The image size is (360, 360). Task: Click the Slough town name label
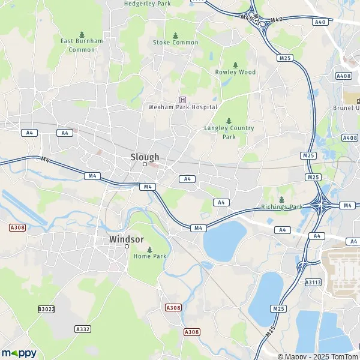tap(145, 157)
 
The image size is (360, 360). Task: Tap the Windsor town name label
tap(127, 239)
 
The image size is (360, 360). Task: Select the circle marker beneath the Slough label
tap(145, 164)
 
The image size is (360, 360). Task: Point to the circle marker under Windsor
tap(127, 246)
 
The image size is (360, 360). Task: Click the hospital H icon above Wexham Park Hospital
tap(182, 100)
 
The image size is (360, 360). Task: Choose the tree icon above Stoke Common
tap(175, 35)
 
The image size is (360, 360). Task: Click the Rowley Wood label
tap(235, 72)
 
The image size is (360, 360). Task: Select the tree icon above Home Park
tap(149, 249)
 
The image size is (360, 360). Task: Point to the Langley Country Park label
tap(229, 132)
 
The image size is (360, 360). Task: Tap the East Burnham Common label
tap(82, 45)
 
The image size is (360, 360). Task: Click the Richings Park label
tap(281, 206)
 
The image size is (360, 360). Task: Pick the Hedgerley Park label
tap(147, 4)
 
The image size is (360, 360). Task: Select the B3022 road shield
tap(45, 309)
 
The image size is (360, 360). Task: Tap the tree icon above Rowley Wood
tap(235, 64)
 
